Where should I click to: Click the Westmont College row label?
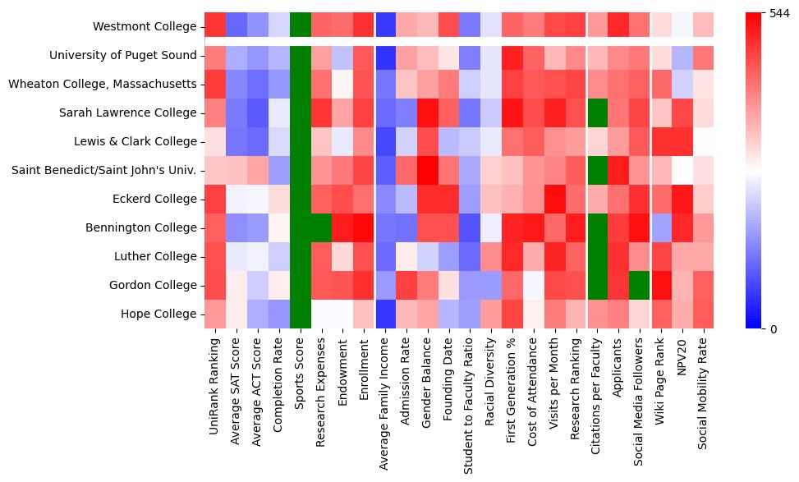145,26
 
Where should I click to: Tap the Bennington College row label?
145,227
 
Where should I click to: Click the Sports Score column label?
301,374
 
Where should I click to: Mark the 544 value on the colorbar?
780,13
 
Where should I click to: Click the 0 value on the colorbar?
774,329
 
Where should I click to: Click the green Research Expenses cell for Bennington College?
322,227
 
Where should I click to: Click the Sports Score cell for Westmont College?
301,26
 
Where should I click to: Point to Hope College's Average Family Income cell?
386,314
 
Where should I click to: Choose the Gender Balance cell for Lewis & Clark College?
429,141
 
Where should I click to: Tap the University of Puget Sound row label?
123,55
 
